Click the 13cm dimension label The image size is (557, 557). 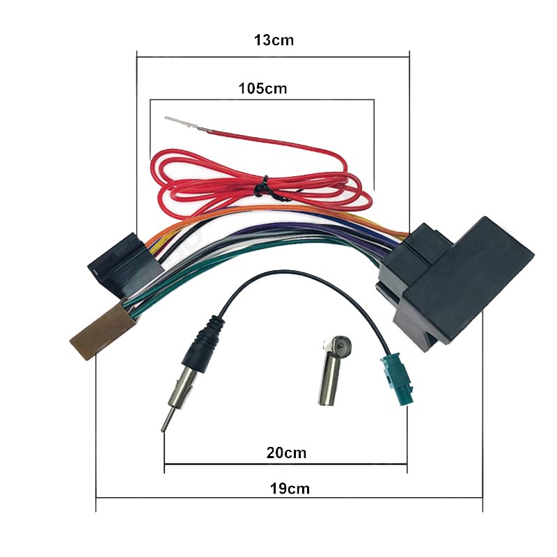pyautogui.click(x=273, y=40)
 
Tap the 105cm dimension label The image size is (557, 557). pyautogui.click(x=262, y=89)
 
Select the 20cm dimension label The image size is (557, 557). pyautogui.click(x=286, y=453)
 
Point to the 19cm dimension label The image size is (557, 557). pyautogui.click(x=290, y=488)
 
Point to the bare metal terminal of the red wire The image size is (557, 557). pyautogui.click(x=182, y=124)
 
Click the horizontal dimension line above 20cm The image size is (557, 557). pyautogui.click(x=285, y=464)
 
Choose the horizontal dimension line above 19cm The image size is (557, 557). pyautogui.click(x=289, y=497)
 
